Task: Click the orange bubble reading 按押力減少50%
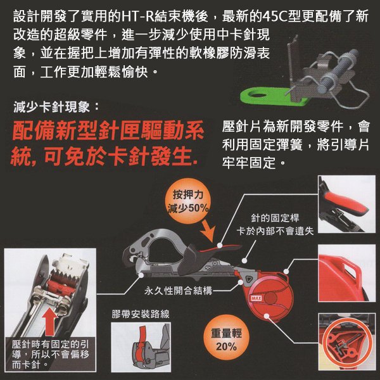(x=189, y=201)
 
